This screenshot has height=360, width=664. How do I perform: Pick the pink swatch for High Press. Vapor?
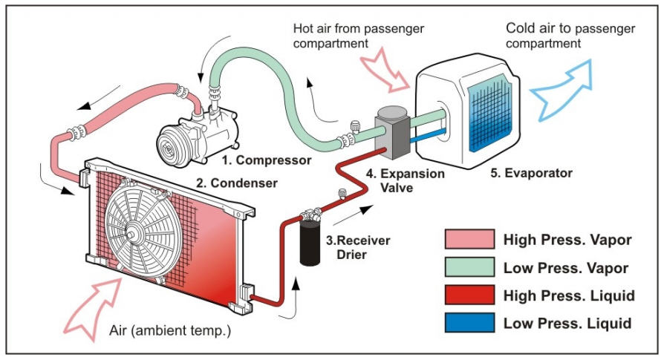click(x=469, y=239)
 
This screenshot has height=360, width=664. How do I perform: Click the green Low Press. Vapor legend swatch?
click(x=469, y=267)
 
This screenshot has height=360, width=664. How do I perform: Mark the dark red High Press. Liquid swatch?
click(x=469, y=295)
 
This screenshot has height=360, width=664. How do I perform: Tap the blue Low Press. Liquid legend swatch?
click(x=469, y=324)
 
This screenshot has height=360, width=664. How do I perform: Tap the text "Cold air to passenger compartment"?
click(x=570, y=36)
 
